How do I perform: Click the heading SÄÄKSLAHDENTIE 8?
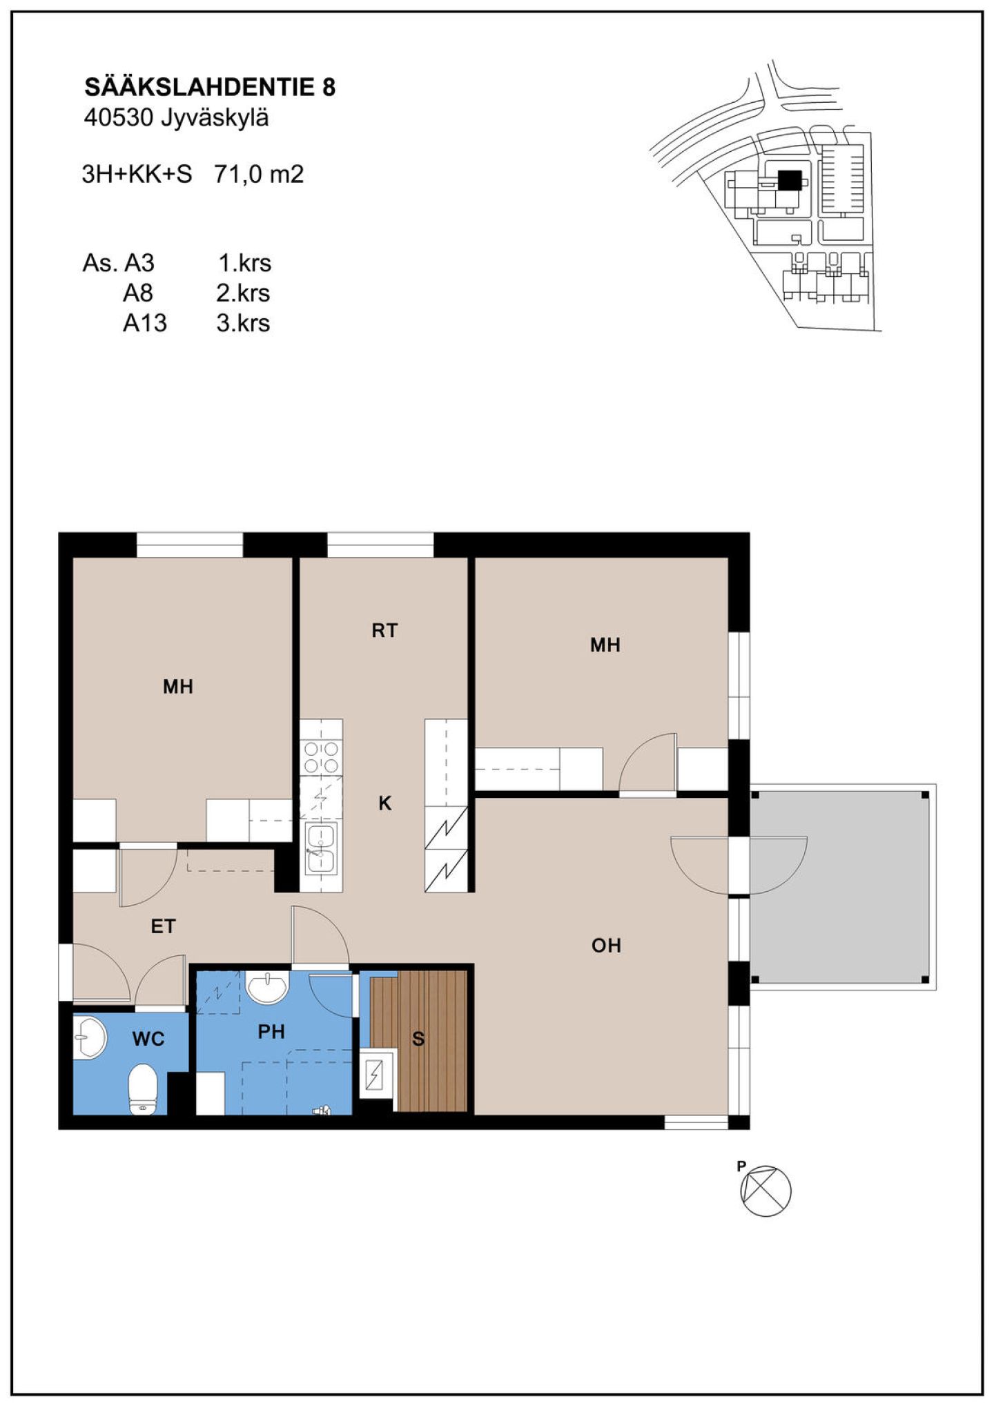(210, 86)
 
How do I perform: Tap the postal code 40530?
(118, 118)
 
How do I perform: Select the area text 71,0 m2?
(259, 174)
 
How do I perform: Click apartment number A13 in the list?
(145, 323)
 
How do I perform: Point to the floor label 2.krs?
(243, 293)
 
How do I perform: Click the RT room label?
(384, 630)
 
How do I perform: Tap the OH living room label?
(606, 946)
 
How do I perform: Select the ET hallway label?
(163, 926)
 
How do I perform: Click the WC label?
(148, 1039)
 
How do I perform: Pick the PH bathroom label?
(271, 1032)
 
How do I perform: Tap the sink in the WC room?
(89, 1037)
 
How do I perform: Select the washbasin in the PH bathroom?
(267, 988)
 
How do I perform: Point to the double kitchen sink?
(321, 848)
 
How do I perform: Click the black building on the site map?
(790, 180)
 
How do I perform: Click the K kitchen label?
(385, 803)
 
